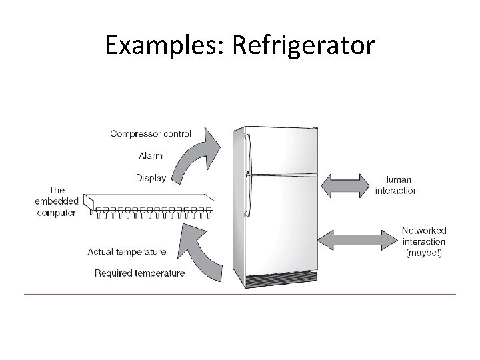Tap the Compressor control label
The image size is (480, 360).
tap(151, 133)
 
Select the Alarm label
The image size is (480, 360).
tap(150, 156)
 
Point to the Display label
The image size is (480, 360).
tap(151, 178)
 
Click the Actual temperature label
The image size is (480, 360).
tap(127, 252)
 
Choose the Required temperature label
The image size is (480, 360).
tap(139, 273)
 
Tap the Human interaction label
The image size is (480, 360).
tap(397, 185)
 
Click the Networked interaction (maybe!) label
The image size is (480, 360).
tap(423, 241)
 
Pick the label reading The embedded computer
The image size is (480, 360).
tap(57, 201)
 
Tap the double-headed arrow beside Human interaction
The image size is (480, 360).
tap(345, 185)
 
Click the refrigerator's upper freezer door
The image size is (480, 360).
tap(280, 150)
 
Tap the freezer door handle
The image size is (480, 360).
tap(249, 150)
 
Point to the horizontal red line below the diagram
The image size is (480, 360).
tap(240, 294)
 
